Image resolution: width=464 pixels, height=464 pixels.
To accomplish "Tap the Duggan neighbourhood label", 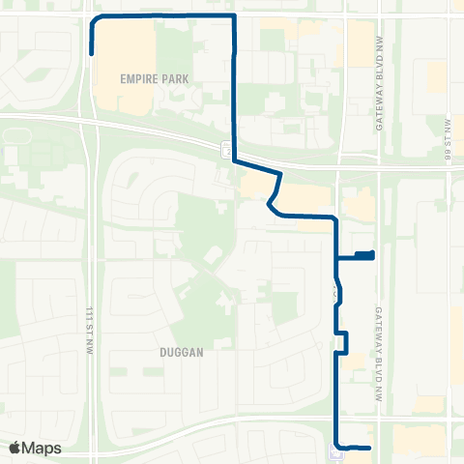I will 181,354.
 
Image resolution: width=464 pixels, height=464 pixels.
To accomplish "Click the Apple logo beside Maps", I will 15,448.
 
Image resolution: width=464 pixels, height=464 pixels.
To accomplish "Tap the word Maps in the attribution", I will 43,448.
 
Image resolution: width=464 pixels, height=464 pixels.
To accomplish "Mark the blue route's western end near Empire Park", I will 91,54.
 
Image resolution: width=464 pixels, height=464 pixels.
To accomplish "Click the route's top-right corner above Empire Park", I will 235,17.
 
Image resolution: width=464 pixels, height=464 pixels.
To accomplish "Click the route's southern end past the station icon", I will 369,447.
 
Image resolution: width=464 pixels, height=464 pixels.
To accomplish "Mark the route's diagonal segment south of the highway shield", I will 276,188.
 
